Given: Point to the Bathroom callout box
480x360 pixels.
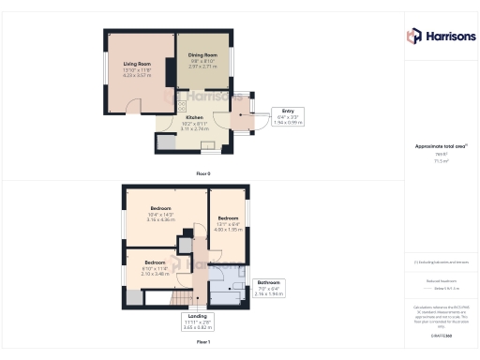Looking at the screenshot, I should [269, 286].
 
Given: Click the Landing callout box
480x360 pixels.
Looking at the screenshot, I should [197, 321].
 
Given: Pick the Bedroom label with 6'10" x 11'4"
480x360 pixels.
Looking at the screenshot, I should [155, 262].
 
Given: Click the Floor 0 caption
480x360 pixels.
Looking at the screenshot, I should [202, 173].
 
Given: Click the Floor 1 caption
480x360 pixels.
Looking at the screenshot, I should [202, 343].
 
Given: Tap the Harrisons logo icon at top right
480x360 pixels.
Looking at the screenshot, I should [413, 36].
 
